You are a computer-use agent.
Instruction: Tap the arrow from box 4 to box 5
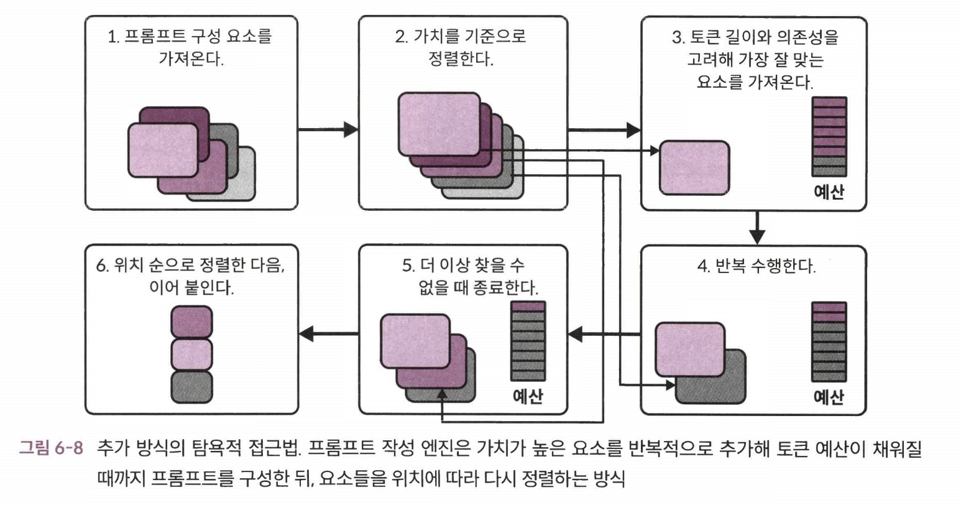tap(604, 335)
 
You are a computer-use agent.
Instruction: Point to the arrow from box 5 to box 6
tap(329, 335)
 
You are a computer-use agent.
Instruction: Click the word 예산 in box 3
tap(829, 192)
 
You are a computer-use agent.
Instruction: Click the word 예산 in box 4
tap(829, 396)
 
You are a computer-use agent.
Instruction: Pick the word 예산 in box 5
tap(528, 396)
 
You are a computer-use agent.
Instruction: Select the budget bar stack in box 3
tap(829, 137)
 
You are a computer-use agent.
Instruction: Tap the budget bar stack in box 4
tap(829, 341)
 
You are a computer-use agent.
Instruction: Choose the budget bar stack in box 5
tap(528, 341)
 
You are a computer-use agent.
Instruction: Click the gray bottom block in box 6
tap(191, 386)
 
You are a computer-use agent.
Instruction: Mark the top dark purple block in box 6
tap(191, 322)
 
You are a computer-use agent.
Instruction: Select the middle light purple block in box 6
tap(191, 354)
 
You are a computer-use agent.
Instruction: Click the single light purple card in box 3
tap(694, 167)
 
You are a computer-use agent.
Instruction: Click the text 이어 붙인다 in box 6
tap(191, 289)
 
